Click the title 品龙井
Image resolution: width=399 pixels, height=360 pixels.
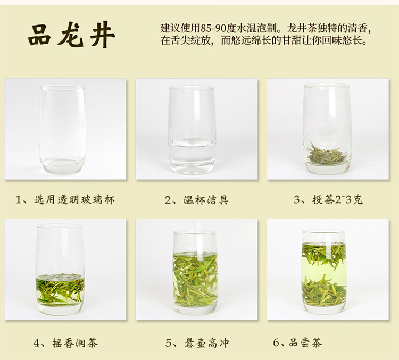71,35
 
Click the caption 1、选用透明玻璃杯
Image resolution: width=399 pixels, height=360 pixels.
65,200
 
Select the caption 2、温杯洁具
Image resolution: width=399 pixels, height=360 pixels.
196,200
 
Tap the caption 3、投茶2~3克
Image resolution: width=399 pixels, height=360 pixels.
328,200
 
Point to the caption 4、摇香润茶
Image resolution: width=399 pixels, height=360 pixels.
65,343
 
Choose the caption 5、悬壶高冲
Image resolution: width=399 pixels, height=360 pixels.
197,343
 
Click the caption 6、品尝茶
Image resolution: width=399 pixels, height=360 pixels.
297,342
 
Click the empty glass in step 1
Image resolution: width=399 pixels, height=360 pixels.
62,130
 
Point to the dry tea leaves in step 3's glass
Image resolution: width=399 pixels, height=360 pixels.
327,154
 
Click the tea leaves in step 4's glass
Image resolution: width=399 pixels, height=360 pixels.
60,289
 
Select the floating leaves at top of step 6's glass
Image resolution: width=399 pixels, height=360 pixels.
324,254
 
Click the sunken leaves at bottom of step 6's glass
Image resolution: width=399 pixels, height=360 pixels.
325,290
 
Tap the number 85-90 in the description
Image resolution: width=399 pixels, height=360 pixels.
213,28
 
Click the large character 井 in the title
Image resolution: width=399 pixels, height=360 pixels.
103,35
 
